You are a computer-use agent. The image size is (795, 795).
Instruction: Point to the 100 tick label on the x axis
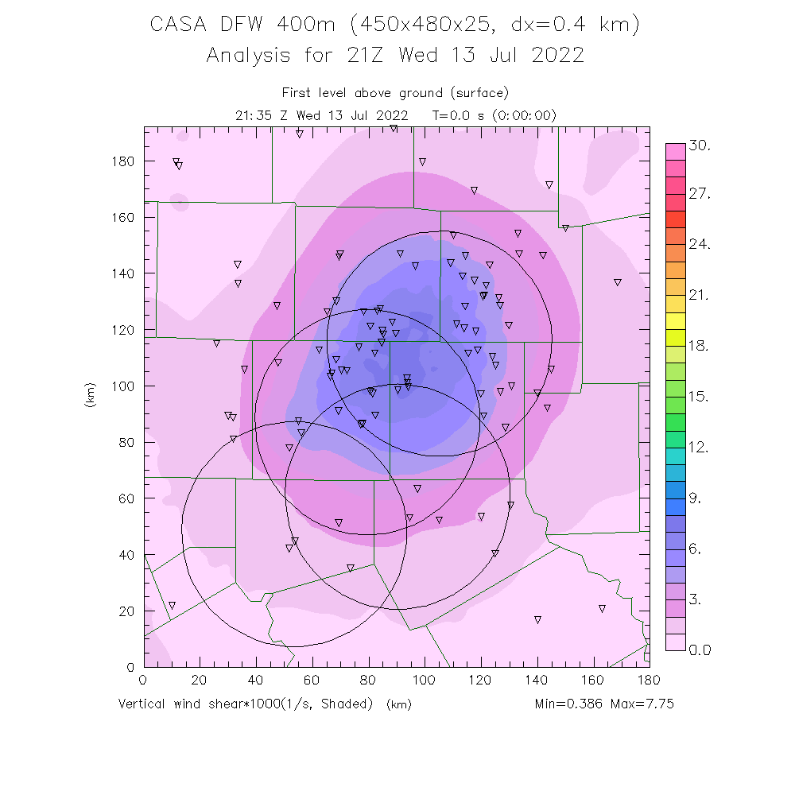pyautogui.click(x=424, y=680)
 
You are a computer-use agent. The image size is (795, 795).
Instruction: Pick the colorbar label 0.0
pyautogui.click(x=700, y=650)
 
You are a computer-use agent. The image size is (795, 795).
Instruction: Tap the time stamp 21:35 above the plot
pyautogui.click(x=253, y=115)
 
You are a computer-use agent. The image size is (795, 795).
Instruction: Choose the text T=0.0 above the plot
pyautogui.click(x=452, y=115)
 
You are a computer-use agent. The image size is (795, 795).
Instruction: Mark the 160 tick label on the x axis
pyautogui.click(x=592, y=680)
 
